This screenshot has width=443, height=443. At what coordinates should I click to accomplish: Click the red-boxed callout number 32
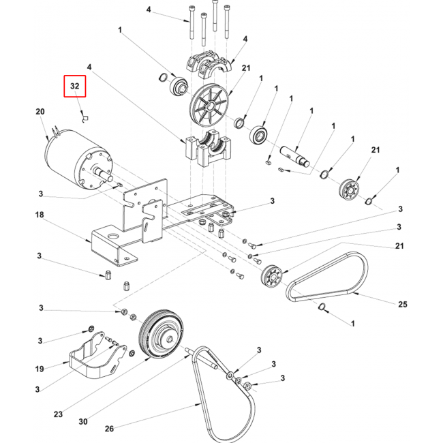(x=74, y=86)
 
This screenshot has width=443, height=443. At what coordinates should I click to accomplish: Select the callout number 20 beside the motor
(x=40, y=112)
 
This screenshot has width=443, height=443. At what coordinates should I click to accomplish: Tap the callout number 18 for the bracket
(x=40, y=215)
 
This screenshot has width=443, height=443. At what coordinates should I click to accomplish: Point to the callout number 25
(x=403, y=304)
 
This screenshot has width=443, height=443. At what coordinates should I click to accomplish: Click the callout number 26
(x=109, y=429)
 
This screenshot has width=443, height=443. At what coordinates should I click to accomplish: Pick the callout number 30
(x=83, y=421)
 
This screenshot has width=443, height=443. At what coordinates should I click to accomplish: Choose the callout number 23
(x=58, y=414)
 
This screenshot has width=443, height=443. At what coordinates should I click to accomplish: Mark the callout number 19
(x=40, y=369)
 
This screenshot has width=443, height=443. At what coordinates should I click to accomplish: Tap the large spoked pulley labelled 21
(x=209, y=105)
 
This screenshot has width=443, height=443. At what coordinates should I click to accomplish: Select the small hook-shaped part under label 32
(x=85, y=119)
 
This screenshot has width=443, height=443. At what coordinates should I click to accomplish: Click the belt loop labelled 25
(x=328, y=277)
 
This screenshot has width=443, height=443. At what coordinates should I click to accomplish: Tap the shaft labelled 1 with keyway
(x=294, y=156)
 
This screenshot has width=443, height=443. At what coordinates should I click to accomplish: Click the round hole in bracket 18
(x=114, y=235)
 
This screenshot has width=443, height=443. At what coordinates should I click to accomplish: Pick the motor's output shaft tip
(x=110, y=178)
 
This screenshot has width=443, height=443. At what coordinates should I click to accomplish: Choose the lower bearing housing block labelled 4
(x=209, y=148)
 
